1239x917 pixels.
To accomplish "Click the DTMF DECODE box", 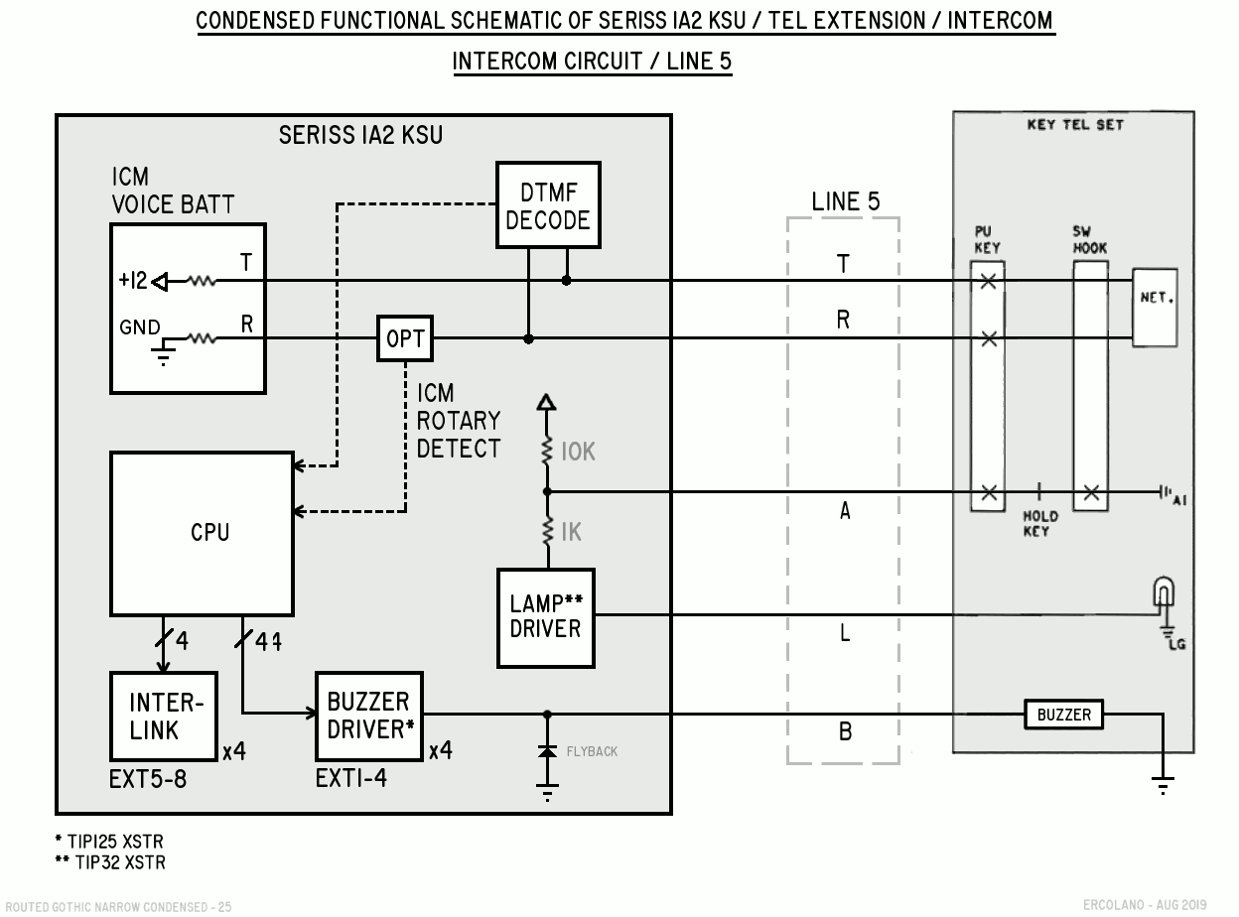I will [547, 205].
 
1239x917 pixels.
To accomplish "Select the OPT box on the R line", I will [405, 339].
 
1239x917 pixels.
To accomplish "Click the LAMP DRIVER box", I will [545, 616].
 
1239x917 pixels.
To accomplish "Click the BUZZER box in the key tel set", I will [1063, 715].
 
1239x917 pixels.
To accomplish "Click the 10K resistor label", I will [577, 452].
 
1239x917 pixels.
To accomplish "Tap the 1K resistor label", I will [571, 534].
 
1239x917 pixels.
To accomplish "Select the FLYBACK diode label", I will [592, 751].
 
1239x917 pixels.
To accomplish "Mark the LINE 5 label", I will [845, 201].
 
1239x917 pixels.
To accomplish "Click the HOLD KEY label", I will [1040, 523].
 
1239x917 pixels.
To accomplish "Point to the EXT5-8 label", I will [148, 779].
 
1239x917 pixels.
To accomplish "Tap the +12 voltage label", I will [132, 281].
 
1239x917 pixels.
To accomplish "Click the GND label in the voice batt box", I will [139, 327].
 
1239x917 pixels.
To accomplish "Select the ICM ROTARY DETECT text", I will [458, 422].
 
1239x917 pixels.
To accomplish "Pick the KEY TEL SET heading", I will [1073, 125].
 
